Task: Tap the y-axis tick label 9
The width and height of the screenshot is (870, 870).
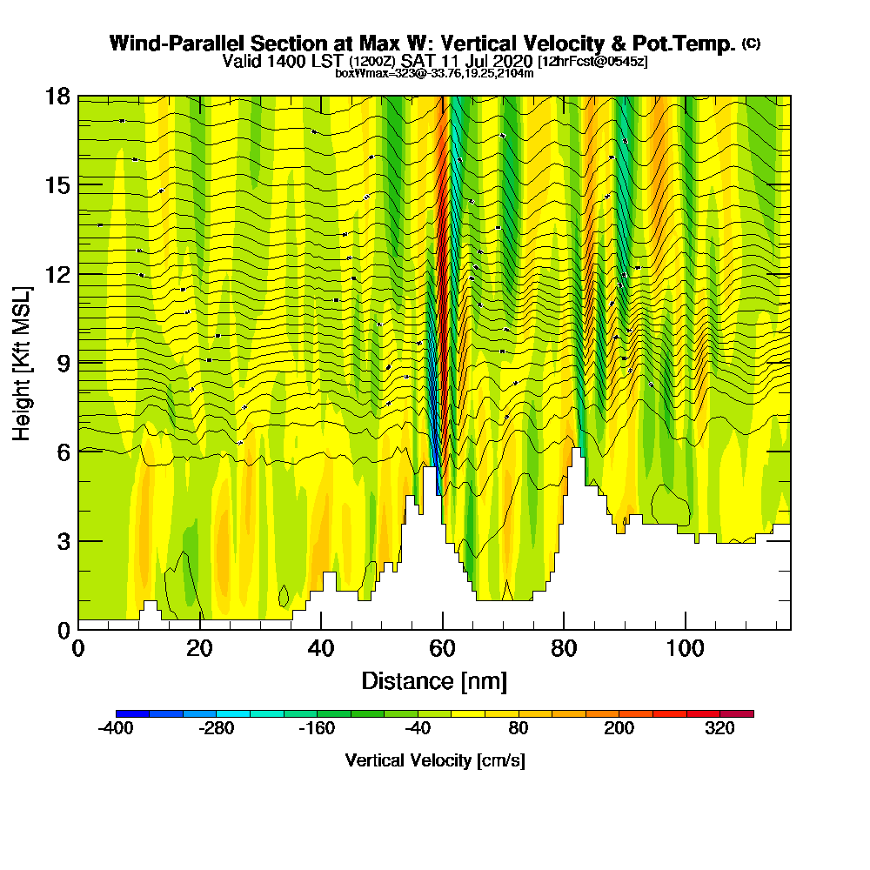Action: [x=62, y=363]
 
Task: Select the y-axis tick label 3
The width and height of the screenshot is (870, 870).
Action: [x=62, y=541]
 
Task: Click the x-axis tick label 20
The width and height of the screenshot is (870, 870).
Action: [x=200, y=650]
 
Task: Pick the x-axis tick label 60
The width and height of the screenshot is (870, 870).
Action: [x=443, y=650]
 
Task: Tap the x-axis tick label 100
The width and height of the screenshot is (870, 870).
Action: [x=686, y=650]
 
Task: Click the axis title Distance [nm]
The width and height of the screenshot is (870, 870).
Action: [x=434, y=680]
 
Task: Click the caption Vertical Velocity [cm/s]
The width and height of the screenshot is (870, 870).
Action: [x=434, y=760]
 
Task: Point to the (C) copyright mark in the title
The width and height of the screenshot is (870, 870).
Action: [x=751, y=43]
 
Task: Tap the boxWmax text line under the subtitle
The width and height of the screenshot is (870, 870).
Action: [x=434, y=73]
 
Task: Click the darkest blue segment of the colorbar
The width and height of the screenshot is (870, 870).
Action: [x=132, y=713]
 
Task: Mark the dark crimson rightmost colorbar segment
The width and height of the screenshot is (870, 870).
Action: [x=737, y=713]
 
